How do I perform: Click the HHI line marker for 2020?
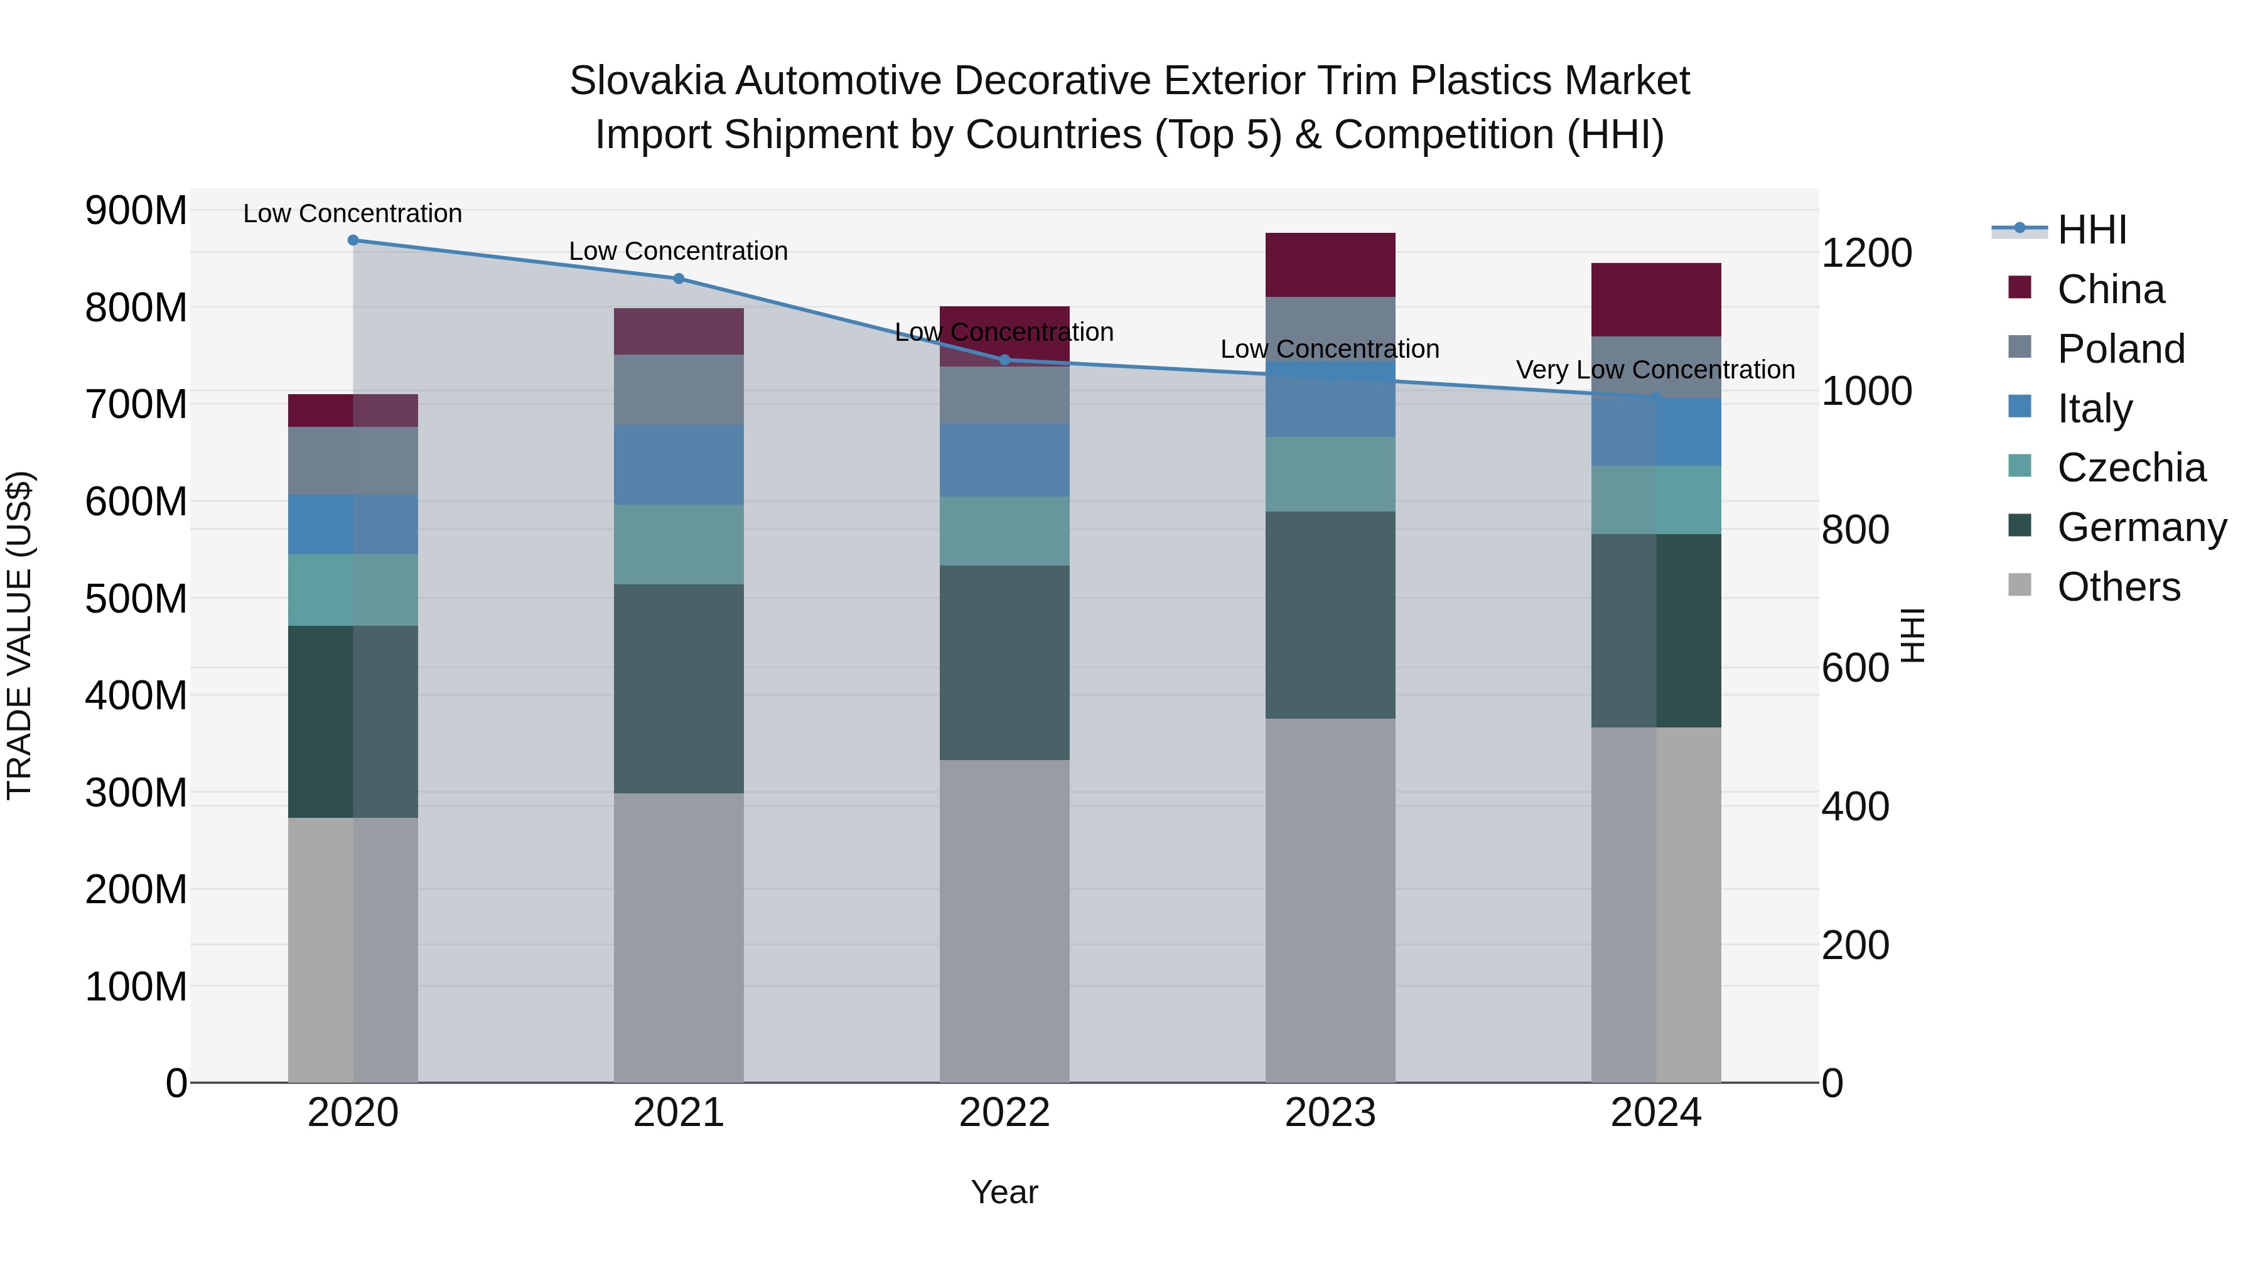coord(353,240)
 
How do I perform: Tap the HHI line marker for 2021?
coord(678,279)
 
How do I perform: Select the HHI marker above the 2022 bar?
coord(1004,360)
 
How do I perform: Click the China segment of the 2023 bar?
coord(1330,265)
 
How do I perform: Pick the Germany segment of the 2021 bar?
coord(678,689)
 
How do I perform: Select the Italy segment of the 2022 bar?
coord(1004,461)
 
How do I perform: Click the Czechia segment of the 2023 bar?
coord(1330,475)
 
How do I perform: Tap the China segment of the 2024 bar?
coord(1655,300)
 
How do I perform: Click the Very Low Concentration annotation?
coord(1655,370)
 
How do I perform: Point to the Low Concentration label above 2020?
coord(353,214)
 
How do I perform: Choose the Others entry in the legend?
coord(2118,587)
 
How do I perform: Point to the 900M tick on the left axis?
coord(136,212)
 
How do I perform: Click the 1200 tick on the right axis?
coord(1867,254)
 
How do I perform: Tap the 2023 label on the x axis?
coord(1330,1113)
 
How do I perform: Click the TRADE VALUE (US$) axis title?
coord(20,635)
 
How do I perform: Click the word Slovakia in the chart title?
coord(647,81)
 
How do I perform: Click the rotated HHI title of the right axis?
coord(1913,635)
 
